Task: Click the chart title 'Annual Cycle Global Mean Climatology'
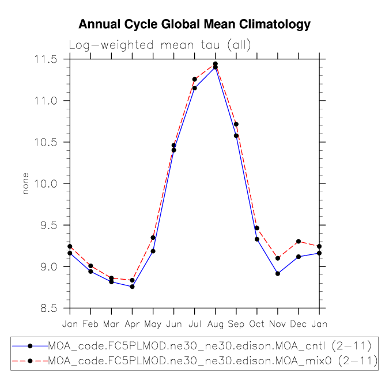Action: click(x=194, y=24)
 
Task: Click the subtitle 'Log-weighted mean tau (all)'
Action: click(x=160, y=45)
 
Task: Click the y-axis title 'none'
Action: click(x=25, y=184)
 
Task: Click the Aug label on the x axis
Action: click(x=216, y=324)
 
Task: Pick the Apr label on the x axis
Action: click(x=133, y=324)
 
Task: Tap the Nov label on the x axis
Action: click(x=278, y=324)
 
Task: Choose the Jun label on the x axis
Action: click(x=174, y=324)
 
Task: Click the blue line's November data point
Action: click(x=278, y=273)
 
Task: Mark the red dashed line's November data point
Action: click(x=278, y=258)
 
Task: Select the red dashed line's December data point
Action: click(x=299, y=241)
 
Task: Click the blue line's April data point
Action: click(x=133, y=287)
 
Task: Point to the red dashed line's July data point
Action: click(x=195, y=79)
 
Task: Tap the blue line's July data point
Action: click(x=195, y=88)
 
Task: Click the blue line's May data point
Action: click(x=153, y=251)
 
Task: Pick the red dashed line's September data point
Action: click(x=236, y=124)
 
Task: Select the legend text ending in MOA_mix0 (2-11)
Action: click(x=212, y=361)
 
